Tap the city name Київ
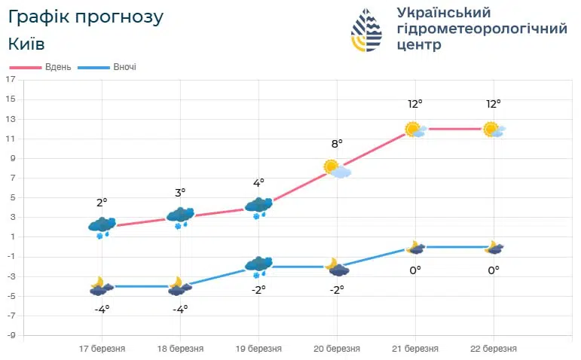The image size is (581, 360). [x=26, y=44]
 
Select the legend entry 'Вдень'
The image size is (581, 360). [x=57, y=67]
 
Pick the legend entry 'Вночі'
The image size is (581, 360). [x=124, y=67]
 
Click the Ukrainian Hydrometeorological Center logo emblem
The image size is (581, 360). [x=367, y=30]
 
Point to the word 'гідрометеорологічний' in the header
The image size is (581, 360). [x=482, y=29]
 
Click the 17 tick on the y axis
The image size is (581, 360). [x=11, y=79]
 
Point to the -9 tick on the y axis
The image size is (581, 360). [x=11, y=335]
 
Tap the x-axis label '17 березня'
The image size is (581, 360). [x=102, y=349]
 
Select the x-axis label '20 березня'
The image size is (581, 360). [x=337, y=349]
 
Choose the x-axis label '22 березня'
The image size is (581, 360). [x=494, y=349]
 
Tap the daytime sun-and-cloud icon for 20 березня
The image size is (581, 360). [x=337, y=169]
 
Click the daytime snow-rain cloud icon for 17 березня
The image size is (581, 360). [x=102, y=226]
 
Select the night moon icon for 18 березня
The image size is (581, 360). [x=179, y=286]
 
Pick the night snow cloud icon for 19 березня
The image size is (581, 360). [x=258, y=266]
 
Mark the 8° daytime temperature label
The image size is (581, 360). [x=337, y=143]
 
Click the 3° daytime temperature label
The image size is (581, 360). [x=180, y=193]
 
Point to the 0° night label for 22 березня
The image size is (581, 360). [x=494, y=270]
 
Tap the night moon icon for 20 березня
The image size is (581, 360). [x=336, y=267]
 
